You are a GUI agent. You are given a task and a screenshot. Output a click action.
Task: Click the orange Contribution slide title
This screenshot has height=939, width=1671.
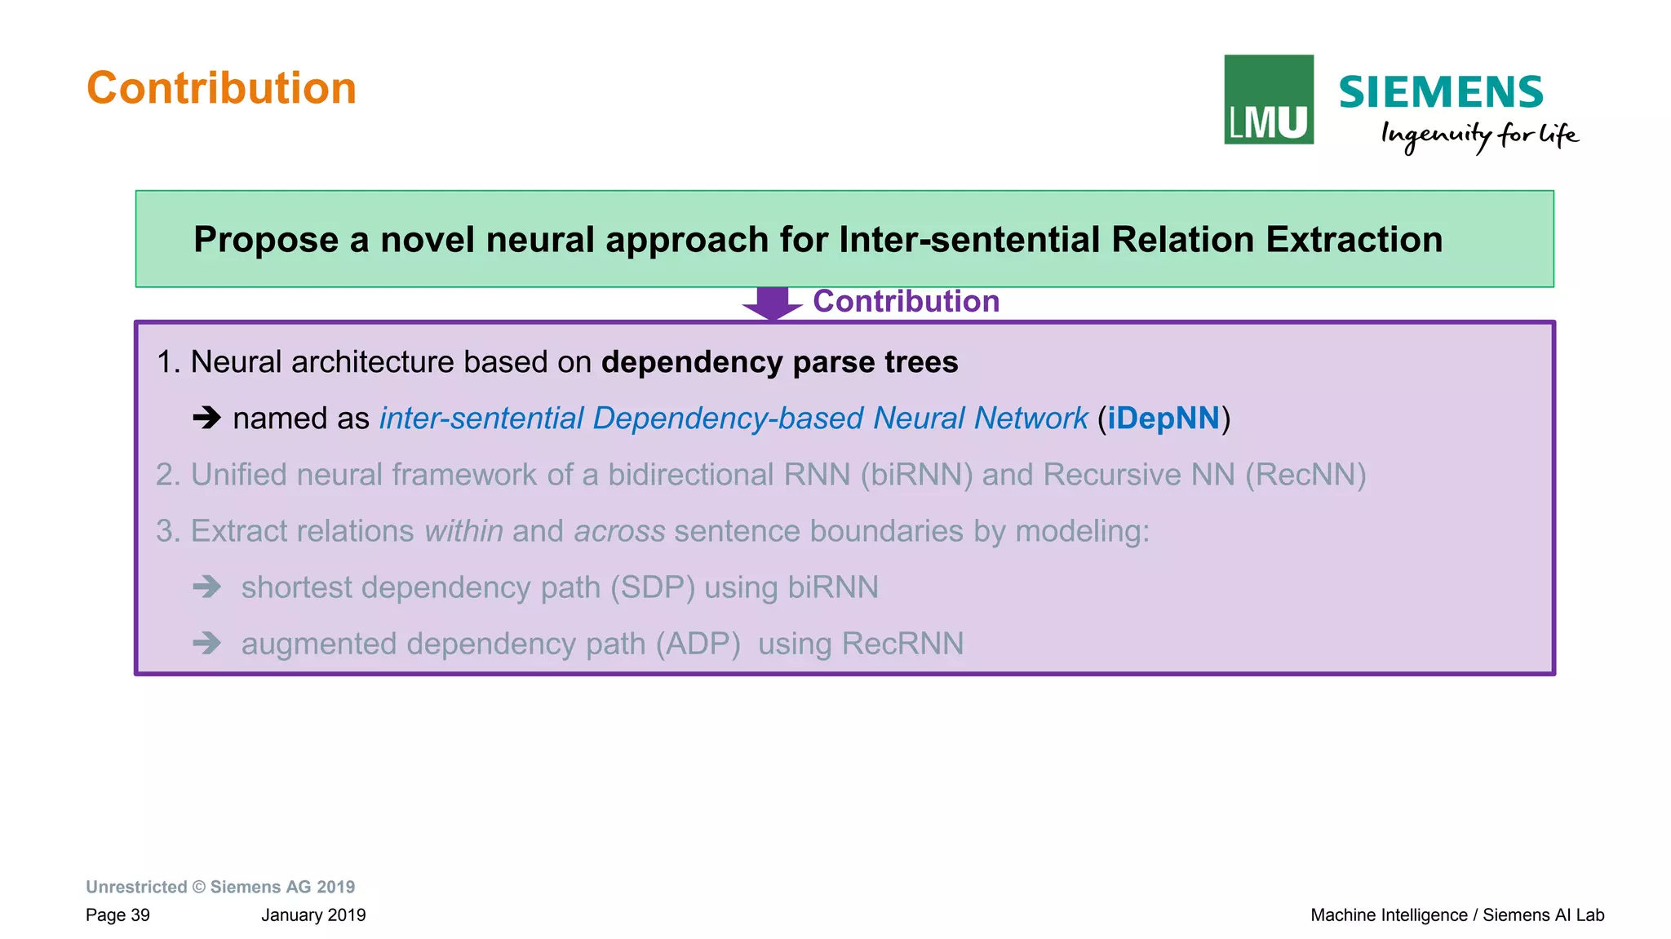pyautogui.click(x=221, y=88)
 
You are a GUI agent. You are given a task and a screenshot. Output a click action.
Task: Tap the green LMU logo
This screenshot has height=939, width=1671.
pyautogui.click(x=1268, y=100)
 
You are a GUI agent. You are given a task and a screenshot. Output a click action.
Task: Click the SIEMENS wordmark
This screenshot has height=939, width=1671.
pyautogui.click(x=1440, y=92)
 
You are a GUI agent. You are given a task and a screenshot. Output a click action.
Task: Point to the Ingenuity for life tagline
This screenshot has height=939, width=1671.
pyautogui.click(x=1478, y=135)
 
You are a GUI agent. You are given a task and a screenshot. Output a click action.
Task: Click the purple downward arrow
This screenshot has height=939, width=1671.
pyautogui.click(x=772, y=303)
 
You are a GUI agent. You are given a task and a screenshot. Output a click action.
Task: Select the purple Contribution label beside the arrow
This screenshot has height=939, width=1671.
pyautogui.click(x=906, y=302)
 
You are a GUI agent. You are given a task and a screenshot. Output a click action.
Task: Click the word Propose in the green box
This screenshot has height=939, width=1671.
pyautogui.click(x=265, y=240)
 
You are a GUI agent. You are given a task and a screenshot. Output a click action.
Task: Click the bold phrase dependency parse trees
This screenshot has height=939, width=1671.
pyautogui.click(x=779, y=362)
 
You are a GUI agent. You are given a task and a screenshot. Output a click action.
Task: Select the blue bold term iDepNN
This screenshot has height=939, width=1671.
pyautogui.click(x=1163, y=419)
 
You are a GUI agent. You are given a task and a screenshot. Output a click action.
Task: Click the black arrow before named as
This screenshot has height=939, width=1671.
pyautogui.click(x=206, y=419)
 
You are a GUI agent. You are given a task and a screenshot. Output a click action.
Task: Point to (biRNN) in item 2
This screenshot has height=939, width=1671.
pyautogui.click(x=916, y=475)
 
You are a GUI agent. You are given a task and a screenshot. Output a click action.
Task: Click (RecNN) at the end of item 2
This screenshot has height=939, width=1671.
pyautogui.click(x=1305, y=475)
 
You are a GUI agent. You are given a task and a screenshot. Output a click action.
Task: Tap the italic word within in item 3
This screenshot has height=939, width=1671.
pyautogui.click(x=463, y=531)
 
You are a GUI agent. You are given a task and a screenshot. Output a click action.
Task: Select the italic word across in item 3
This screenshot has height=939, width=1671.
pyautogui.click(x=619, y=531)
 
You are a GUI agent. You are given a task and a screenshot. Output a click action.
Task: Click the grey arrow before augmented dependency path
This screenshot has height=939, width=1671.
pyautogui.click(x=206, y=644)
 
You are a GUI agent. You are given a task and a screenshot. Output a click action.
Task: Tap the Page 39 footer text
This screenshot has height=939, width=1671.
pyautogui.click(x=117, y=915)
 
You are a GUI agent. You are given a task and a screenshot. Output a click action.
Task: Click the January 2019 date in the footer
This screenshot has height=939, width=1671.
pyautogui.click(x=313, y=915)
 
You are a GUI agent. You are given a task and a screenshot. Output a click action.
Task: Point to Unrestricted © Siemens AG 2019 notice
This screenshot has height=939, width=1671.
pyautogui.click(x=220, y=887)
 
